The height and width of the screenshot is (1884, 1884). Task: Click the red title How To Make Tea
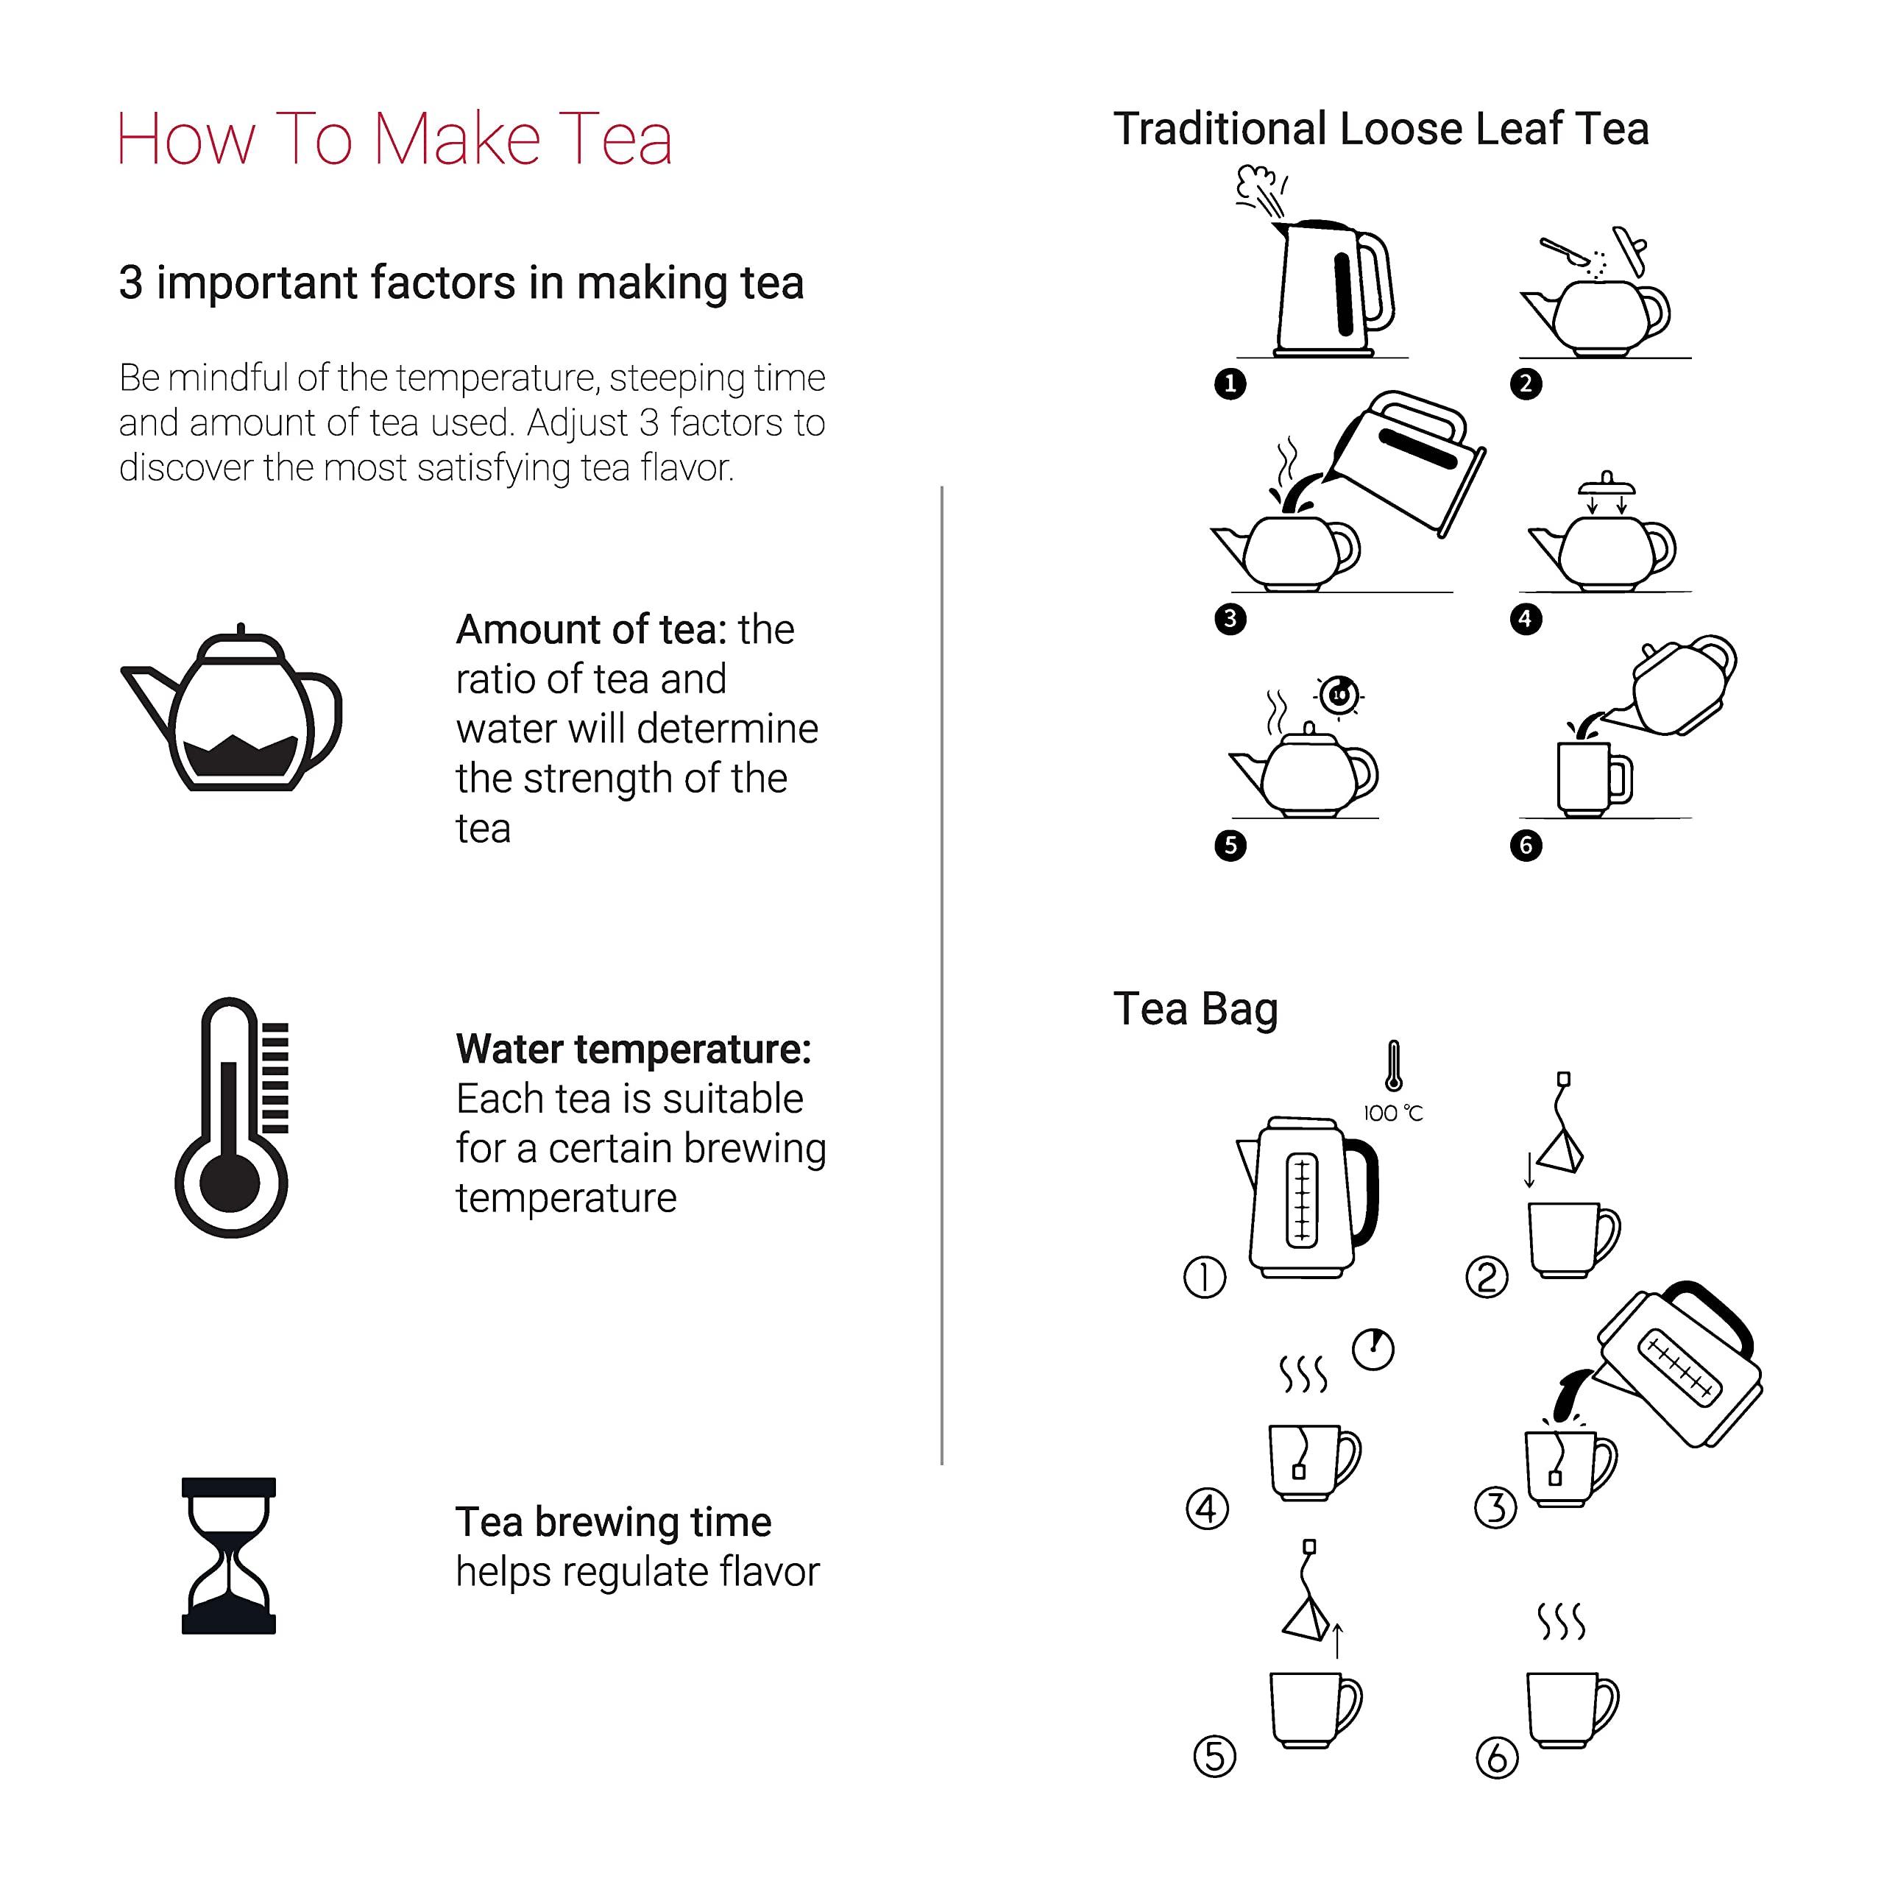click(x=394, y=138)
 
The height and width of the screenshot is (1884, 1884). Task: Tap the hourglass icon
click(x=228, y=1554)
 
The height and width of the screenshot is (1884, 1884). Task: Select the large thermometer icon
click(x=232, y=1118)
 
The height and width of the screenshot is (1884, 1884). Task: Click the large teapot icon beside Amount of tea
click(x=232, y=710)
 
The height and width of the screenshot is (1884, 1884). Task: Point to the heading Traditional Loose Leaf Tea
click(x=1381, y=129)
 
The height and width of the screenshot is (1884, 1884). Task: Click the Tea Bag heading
click(x=1196, y=1008)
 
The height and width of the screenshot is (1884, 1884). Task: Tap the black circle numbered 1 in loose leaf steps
click(x=1230, y=383)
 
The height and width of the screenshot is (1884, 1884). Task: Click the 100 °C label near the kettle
click(x=1392, y=1113)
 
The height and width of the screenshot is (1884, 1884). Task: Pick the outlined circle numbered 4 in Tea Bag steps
click(x=1207, y=1509)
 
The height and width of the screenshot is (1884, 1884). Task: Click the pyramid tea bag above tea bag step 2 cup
click(x=1560, y=1149)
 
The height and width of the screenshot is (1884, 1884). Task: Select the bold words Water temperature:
click(x=633, y=1049)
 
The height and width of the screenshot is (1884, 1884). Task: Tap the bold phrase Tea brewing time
click(x=613, y=1521)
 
